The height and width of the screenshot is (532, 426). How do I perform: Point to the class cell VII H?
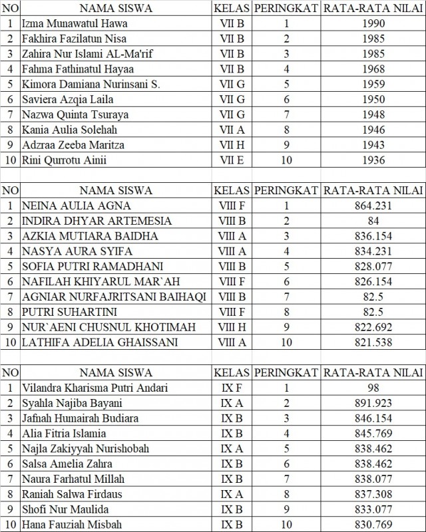tap(232, 145)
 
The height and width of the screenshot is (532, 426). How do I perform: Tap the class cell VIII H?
tap(232, 327)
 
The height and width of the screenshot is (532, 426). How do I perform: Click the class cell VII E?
tap(232, 160)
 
